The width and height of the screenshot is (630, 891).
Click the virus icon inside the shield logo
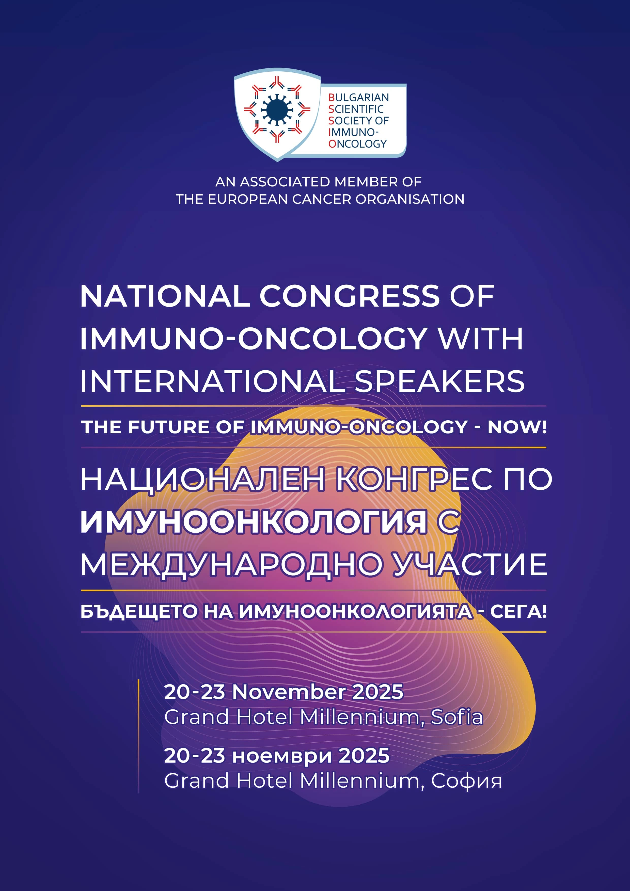click(x=277, y=110)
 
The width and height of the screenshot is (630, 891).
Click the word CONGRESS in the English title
click(x=349, y=296)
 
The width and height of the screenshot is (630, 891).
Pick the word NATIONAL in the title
click(x=165, y=296)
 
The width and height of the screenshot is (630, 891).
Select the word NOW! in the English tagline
click(x=517, y=427)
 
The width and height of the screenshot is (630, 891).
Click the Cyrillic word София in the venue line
click(x=466, y=781)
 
